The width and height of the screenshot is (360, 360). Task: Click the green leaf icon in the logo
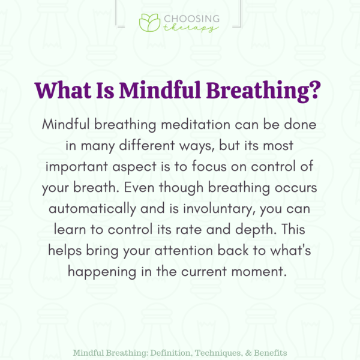point(149,22)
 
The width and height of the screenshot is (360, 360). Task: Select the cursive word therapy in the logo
point(190,27)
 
